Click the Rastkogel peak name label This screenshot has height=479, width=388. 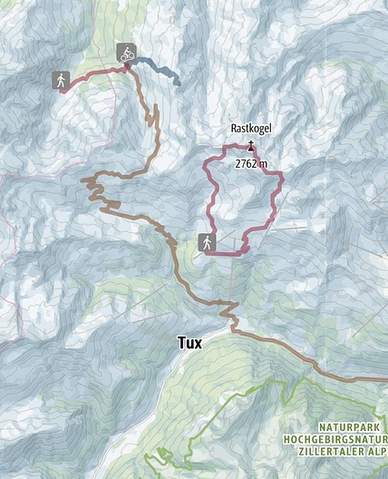[x=250, y=130]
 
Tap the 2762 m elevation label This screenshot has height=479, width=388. [x=251, y=163]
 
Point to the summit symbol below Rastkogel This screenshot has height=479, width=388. [x=251, y=144]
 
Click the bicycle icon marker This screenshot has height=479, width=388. [x=126, y=54]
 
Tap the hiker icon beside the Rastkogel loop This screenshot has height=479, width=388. [x=207, y=242]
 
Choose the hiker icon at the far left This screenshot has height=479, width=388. [x=61, y=80]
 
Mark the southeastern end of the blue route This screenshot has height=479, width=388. [x=178, y=83]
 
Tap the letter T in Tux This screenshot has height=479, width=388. [x=181, y=342]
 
